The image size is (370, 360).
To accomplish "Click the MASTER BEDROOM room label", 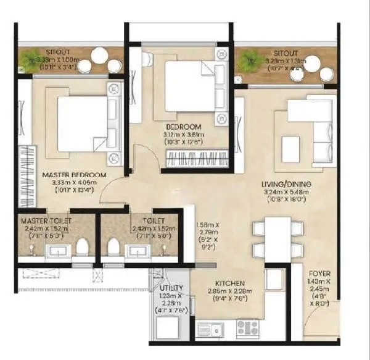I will coord(74,175).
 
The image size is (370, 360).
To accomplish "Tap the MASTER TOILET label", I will coord(46,220).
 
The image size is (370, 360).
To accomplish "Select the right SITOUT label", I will coord(286,53).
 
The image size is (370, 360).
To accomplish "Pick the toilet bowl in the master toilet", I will coord(80,246).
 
